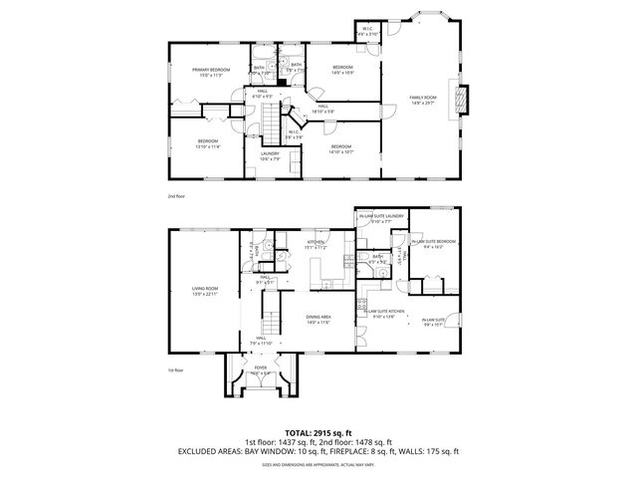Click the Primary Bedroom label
(x=211, y=70)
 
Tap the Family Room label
(x=423, y=97)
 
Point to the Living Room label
(x=205, y=289)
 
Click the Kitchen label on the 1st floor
(x=317, y=242)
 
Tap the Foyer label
(x=261, y=367)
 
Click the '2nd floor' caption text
(x=176, y=196)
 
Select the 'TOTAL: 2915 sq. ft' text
(x=318, y=432)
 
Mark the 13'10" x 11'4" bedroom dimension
(x=206, y=146)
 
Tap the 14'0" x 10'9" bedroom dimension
(x=342, y=73)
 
